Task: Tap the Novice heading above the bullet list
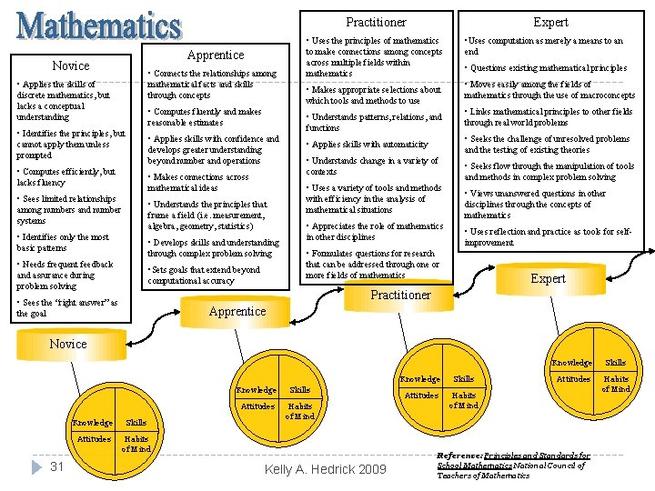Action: click(x=71, y=65)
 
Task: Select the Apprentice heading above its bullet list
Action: click(x=216, y=55)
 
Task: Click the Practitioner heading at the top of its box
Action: click(x=376, y=22)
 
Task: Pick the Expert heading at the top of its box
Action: click(x=550, y=22)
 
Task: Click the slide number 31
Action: click(x=56, y=466)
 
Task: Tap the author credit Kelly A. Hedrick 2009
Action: click(x=325, y=469)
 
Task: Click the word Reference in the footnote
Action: click(x=464, y=456)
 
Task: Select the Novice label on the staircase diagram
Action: click(x=68, y=344)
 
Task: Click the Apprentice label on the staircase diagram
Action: click(x=237, y=311)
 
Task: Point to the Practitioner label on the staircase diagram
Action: click(x=400, y=295)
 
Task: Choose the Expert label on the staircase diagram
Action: click(x=548, y=278)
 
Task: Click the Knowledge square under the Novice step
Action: click(x=93, y=423)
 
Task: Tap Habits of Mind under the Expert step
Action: click(x=616, y=384)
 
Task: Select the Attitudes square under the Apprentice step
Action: click(x=257, y=406)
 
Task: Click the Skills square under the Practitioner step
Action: click(x=464, y=378)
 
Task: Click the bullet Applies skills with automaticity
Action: click(x=368, y=145)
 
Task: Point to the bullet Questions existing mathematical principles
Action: click(x=549, y=68)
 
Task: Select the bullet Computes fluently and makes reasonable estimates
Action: click(x=205, y=117)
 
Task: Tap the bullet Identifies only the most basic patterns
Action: click(x=64, y=242)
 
